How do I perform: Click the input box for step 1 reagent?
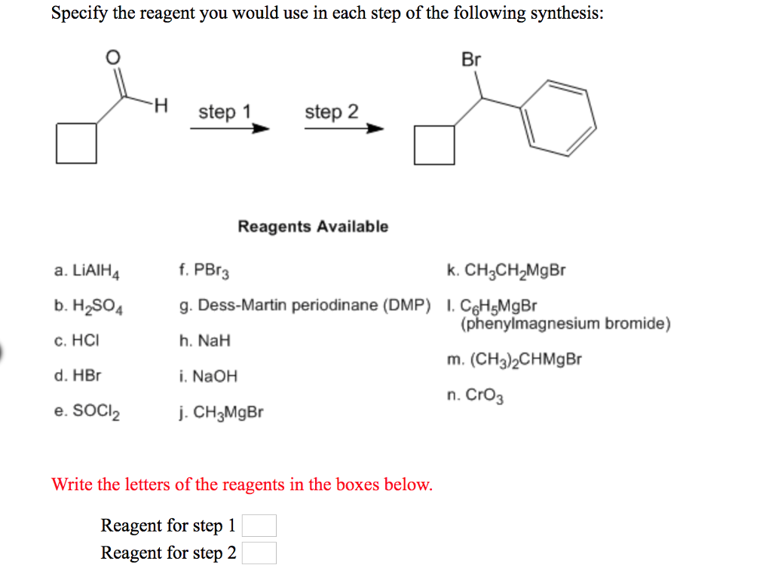259,526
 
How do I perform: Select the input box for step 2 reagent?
259,553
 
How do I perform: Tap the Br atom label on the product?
471,59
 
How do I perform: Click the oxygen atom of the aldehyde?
112,56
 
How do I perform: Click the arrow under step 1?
229,129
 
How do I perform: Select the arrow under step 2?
344,129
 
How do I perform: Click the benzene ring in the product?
560,117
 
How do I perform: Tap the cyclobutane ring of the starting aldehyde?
76,143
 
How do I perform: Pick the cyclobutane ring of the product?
434,145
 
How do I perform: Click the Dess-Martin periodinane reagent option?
305,306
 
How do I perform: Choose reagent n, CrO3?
476,395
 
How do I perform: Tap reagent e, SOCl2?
87,412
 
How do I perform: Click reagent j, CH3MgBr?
222,413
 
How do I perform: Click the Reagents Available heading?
313,227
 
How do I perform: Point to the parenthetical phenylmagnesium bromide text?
565,325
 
